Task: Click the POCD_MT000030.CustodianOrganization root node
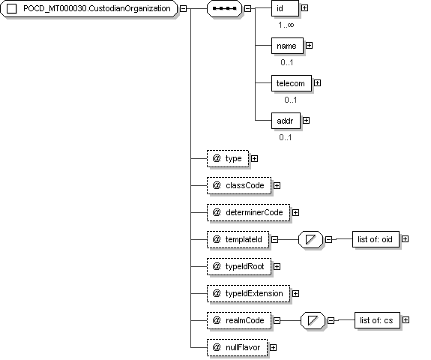click(x=89, y=8)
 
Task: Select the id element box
click(x=285, y=8)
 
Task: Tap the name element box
click(x=287, y=46)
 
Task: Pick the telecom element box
click(x=292, y=83)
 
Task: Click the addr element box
click(x=286, y=121)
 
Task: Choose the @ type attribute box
click(x=228, y=159)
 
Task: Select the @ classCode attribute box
click(x=239, y=186)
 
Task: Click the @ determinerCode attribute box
click(x=249, y=212)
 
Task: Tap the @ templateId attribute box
click(x=238, y=239)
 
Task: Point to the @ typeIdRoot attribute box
click(x=239, y=266)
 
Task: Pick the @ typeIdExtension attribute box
click(x=249, y=293)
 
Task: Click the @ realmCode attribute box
click(x=239, y=320)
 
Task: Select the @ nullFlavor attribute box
click(x=237, y=347)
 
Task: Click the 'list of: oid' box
click(x=376, y=239)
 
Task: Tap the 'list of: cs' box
click(x=377, y=320)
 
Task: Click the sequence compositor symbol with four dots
click(x=225, y=8)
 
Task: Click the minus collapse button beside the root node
click(x=183, y=8)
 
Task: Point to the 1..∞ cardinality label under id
click(x=286, y=25)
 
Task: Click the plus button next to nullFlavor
click(x=273, y=347)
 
